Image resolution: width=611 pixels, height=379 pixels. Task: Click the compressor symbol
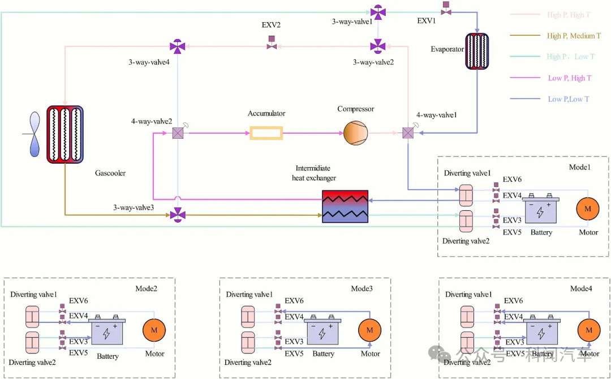[355, 133]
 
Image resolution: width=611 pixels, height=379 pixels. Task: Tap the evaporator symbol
[476, 51]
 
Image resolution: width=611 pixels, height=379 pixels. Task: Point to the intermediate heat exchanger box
[345, 207]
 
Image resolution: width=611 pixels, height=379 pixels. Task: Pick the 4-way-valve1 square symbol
[407, 133]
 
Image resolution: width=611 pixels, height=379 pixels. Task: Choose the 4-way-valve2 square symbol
[177, 133]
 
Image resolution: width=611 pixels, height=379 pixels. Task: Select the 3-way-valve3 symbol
[178, 215]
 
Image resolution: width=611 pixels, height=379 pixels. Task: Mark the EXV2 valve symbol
[272, 42]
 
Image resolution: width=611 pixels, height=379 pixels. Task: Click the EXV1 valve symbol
[446, 8]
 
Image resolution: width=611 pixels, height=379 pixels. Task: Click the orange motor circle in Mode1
[587, 209]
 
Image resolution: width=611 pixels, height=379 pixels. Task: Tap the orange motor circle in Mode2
[153, 329]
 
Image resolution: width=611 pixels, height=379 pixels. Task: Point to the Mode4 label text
[580, 288]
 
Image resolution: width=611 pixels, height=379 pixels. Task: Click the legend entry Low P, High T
[569, 78]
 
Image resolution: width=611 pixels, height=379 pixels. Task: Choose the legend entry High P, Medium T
[574, 36]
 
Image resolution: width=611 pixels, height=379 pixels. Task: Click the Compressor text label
[356, 109]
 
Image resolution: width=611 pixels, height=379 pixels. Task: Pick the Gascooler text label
[110, 173]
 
